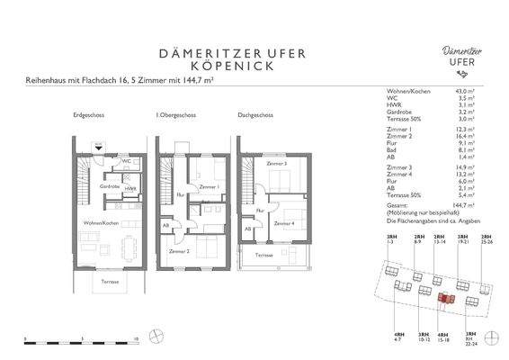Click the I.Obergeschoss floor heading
[x=176, y=116]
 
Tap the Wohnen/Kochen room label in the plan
[x=101, y=221]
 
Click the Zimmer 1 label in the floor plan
[x=212, y=186]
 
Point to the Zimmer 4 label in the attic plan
[x=284, y=222]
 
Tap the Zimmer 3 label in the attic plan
[x=276, y=164]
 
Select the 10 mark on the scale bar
[x=135, y=339]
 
